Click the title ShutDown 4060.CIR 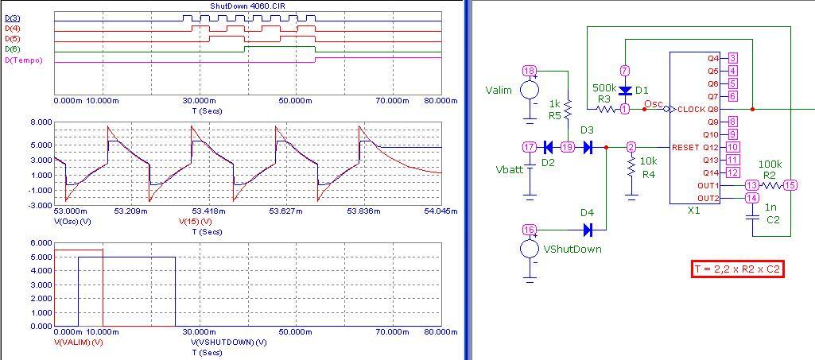(x=247, y=6)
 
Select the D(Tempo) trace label (x=24, y=60)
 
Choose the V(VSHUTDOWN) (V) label (x=228, y=342)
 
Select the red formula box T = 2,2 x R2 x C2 (x=737, y=269)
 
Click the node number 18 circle (x=530, y=71)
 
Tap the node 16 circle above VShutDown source (x=530, y=230)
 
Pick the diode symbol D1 (x=625, y=90)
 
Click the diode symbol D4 (x=588, y=230)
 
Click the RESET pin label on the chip (x=685, y=148)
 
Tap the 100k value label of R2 (x=770, y=164)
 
